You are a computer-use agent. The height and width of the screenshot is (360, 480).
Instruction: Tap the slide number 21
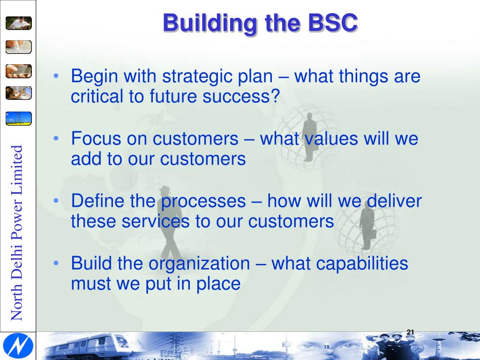[410, 332]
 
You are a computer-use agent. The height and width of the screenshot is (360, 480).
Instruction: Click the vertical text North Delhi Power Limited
[17, 232]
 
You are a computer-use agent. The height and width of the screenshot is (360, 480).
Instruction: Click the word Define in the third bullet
[97, 201]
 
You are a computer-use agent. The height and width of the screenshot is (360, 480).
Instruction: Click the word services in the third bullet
[151, 222]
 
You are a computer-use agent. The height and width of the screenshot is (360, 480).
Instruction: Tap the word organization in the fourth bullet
[199, 263]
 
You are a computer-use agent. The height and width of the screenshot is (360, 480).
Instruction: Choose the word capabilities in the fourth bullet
[363, 263]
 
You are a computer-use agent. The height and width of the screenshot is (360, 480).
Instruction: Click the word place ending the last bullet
[219, 284]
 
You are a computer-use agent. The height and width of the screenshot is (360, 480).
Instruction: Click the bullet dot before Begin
[56, 76]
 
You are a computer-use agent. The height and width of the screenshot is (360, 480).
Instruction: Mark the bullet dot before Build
[56, 264]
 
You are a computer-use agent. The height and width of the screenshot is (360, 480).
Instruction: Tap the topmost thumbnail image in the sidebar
[19, 22]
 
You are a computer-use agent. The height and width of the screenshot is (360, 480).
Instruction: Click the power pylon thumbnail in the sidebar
[19, 118]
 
